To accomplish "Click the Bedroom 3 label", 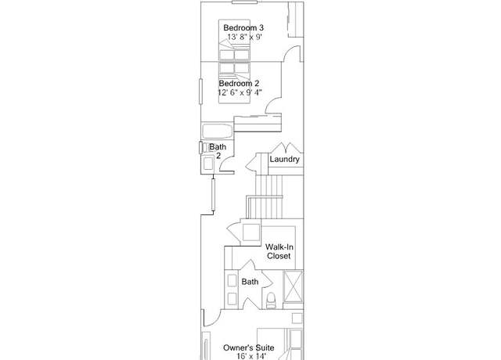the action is click(x=243, y=27).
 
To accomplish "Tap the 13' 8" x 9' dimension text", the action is click(x=245, y=37).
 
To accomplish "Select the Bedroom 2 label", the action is click(x=239, y=84).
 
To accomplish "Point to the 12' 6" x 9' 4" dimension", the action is click(x=240, y=92).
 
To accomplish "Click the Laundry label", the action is click(x=284, y=159).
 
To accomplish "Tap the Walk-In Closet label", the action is click(x=279, y=251).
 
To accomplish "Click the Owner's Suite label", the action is click(x=249, y=347).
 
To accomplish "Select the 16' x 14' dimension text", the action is click(x=251, y=356).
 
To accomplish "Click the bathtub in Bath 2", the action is click(x=218, y=131).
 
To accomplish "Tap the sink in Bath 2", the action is click(x=208, y=164).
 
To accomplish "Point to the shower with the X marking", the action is click(x=293, y=286).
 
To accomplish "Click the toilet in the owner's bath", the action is click(x=271, y=301).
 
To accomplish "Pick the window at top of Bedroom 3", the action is click(x=245, y=2).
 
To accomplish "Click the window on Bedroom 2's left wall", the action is click(x=200, y=92).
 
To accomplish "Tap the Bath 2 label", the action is click(x=218, y=151).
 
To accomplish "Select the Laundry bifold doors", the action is click(x=286, y=148).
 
